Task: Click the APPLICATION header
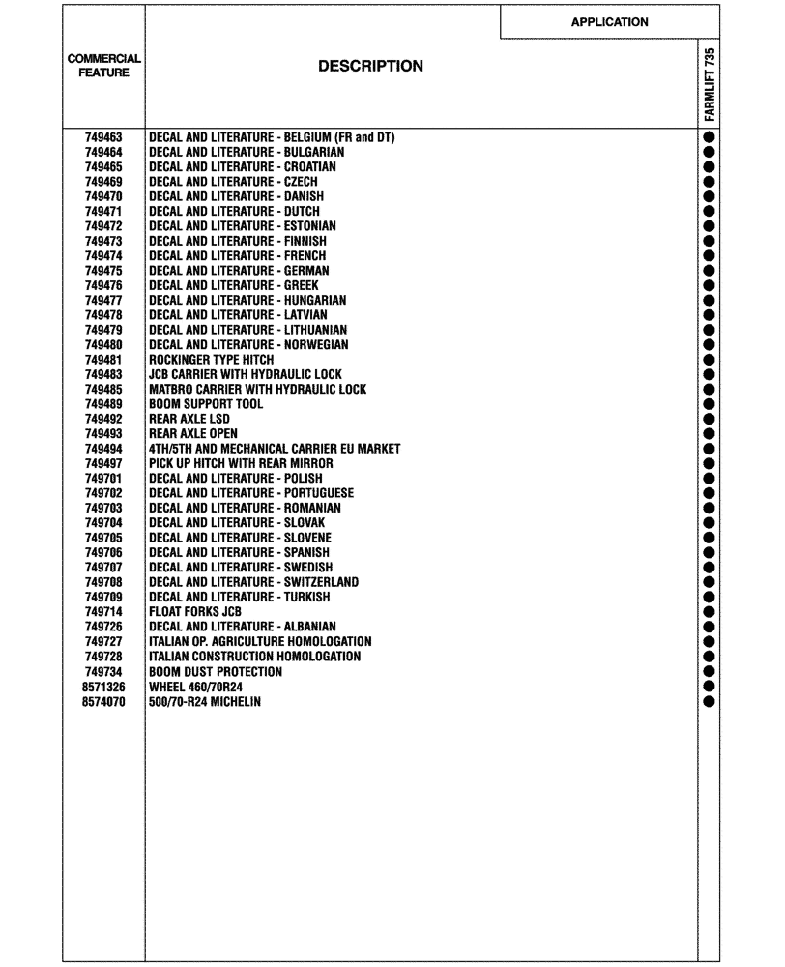point(609,22)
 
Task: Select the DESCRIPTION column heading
point(370,67)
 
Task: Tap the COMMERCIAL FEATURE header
point(103,66)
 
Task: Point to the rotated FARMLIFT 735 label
point(710,84)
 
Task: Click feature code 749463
point(103,137)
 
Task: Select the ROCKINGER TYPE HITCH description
point(211,360)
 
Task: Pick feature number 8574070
point(103,701)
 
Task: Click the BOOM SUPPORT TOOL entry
point(205,404)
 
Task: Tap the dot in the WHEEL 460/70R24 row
point(709,687)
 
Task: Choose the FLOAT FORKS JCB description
point(194,612)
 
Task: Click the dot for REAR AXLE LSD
point(709,419)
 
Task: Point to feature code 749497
point(103,463)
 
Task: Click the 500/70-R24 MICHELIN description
point(204,701)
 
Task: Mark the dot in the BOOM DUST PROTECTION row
point(709,671)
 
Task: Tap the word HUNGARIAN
point(315,301)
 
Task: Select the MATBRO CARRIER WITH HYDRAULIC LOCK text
point(257,390)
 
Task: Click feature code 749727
point(103,642)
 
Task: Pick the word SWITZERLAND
point(321,582)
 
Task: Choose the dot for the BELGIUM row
point(709,137)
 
